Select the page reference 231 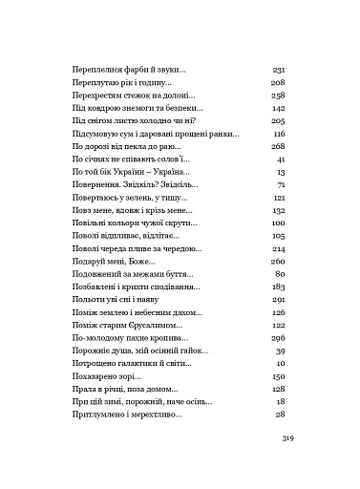tap(279, 71)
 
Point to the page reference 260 tap(279, 260)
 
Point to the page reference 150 tap(279, 376)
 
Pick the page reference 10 tap(282, 364)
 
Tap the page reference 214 tap(279, 247)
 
